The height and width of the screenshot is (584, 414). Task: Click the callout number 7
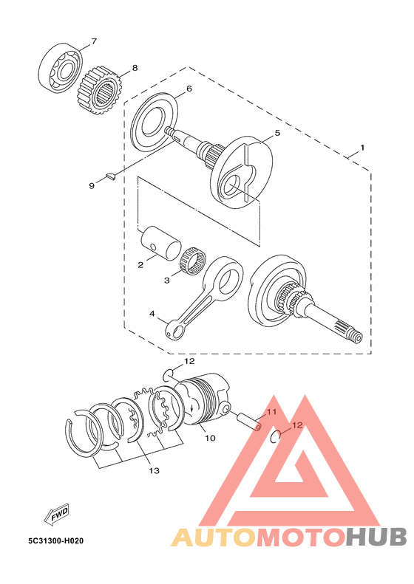[x=94, y=41]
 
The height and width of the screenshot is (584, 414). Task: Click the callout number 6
[x=189, y=89]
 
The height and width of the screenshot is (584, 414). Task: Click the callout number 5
[x=277, y=134]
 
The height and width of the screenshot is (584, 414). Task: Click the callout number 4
[x=152, y=314]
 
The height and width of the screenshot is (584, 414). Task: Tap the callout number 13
[x=153, y=470]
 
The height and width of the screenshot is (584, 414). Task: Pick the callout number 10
[x=210, y=438]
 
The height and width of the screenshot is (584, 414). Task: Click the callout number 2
[x=140, y=263]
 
